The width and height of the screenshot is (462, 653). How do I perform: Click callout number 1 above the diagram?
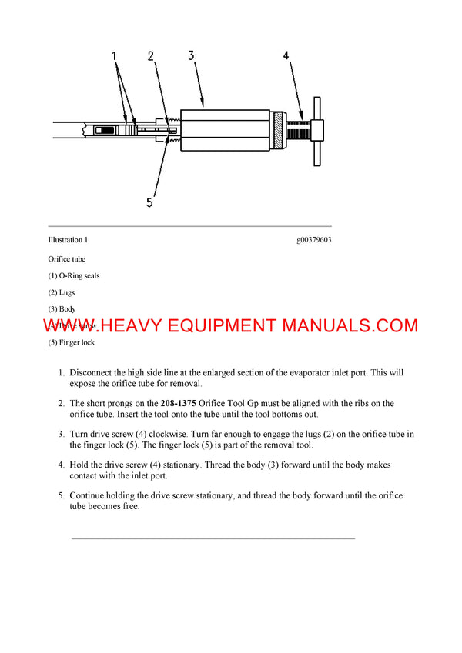click(114, 56)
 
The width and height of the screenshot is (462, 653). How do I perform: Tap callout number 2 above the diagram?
click(151, 56)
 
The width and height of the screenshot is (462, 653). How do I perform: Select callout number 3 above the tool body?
click(192, 55)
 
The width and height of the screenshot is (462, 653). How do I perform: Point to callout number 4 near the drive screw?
click(286, 55)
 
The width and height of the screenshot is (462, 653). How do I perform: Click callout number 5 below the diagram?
click(149, 202)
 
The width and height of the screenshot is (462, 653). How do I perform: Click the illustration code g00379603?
click(313, 240)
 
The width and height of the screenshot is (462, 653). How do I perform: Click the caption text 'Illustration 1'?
click(68, 240)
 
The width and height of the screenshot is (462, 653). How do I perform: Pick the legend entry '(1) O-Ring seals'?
click(73, 275)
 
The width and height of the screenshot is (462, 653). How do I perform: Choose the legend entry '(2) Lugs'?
click(62, 292)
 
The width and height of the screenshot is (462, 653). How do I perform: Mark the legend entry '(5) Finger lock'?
click(72, 343)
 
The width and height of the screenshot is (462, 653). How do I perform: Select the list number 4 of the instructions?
click(61, 465)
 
